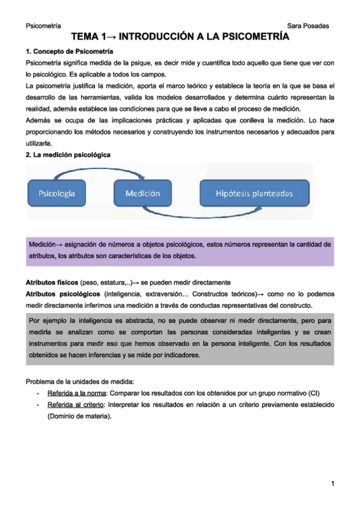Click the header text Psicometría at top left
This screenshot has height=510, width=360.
pyautogui.click(x=44, y=25)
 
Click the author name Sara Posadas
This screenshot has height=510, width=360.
pyautogui.click(x=308, y=25)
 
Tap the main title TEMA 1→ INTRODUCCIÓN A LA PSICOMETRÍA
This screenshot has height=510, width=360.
pyautogui.click(x=180, y=37)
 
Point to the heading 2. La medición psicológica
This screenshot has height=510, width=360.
pyautogui.click(x=68, y=155)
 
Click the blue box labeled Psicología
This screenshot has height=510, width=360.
pyautogui.click(x=56, y=193)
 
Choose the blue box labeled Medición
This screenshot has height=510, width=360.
pyautogui.click(x=142, y=193)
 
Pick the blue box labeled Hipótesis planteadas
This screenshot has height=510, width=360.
pyautogui.click(x=254, y=193)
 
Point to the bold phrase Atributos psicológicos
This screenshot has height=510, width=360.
pyautogui.click(x=63, y=294)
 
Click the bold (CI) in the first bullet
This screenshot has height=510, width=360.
pyautogui.click(x=314, y=393)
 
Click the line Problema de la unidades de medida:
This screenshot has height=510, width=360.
pyautogui.click(x=80, y=381)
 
